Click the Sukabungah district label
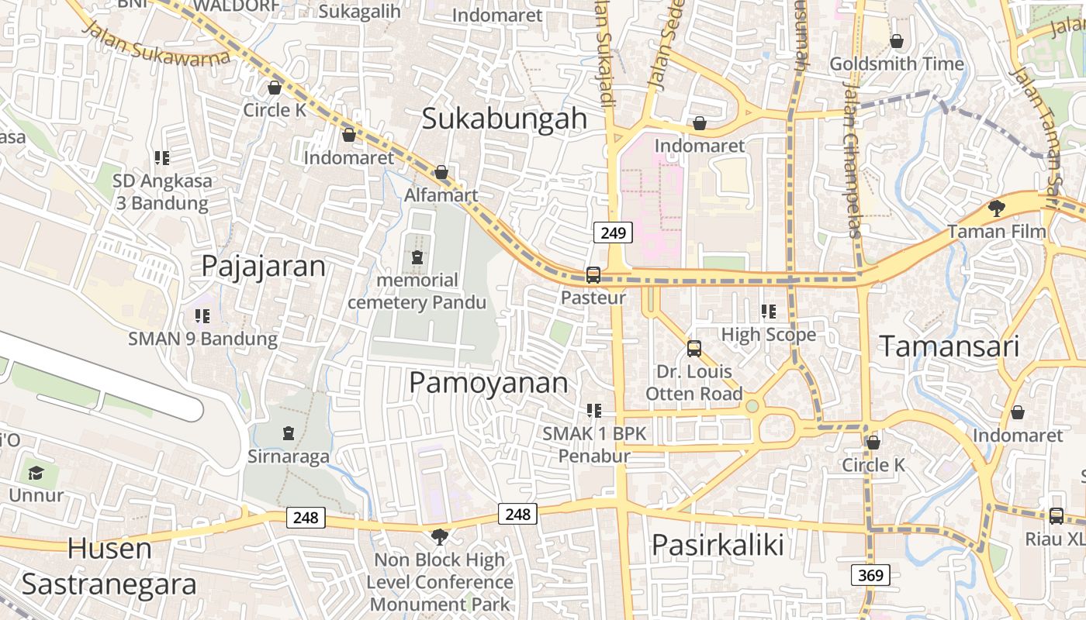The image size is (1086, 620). (x=504, y=119)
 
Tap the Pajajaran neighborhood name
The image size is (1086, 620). (x=263, y=266)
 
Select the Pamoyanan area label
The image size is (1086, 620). (x=488, y=383)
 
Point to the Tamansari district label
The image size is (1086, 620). (x=948, y=346)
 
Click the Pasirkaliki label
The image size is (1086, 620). (x=718, y=546)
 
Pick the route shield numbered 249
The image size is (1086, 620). (x=613, y=232)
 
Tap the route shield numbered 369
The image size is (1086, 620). (x=870, y=575)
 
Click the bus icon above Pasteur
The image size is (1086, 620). (x=593, y=275)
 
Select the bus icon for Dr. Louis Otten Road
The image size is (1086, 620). (x=694, y=349)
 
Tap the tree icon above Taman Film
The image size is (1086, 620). (x=997, y=208)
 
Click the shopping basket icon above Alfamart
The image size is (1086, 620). (x=441, y=172)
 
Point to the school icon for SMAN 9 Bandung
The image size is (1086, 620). (x=202, y=315)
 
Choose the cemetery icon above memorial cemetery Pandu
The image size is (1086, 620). (x=417, y=257)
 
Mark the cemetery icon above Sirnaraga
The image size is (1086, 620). (x=289, y=432)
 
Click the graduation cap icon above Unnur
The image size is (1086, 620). (x=36, y=472)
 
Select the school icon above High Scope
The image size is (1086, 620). (x=769, y=312)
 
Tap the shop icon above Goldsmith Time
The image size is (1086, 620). (x=897, y=40)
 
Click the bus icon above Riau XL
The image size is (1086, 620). (x=1056, y=515)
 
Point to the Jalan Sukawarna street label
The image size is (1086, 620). (x=155, y=43)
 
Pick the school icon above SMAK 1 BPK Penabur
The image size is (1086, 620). (x=594, y=410)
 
